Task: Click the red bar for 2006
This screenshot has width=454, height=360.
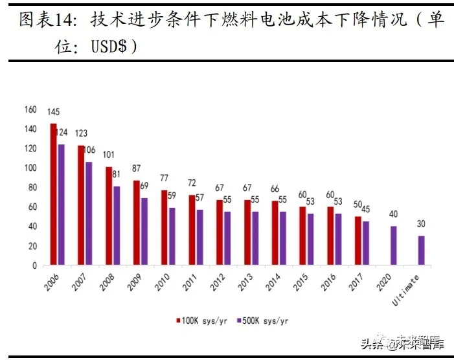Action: pyautogui.click(x=54, y=194)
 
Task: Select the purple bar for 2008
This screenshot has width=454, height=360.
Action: pyautogui.click(x=116, y=225)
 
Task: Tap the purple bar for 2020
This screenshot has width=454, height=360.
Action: pyautogui.click(x=393, y=245)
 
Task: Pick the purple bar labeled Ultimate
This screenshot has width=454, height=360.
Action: pyautogui.click(x=421, y=250)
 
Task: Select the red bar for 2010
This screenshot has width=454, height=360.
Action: pyautogui.click(x=165, y=227)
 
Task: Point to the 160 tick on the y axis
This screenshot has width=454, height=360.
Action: pyautogui.click(x=30, y=109)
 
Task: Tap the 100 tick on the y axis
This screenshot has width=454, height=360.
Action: pyautogui.click(x=30, y=168)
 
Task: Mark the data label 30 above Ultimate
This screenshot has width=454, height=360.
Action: pyautogui.click(x=421, y=225)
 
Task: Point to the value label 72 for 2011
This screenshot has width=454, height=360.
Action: pyautogui.click(x=192, y=183)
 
